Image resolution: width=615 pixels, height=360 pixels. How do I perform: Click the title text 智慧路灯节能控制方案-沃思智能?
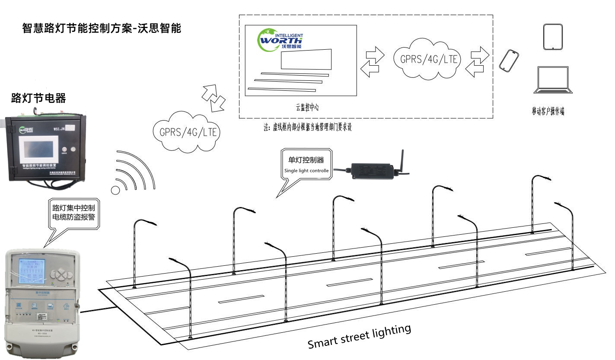101,29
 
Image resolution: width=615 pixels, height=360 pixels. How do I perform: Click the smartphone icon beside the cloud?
509,61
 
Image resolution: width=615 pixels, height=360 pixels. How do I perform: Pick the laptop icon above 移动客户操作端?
554,80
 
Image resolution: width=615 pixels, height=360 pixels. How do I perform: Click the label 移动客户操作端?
548,112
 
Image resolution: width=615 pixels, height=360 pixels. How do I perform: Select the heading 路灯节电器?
38,98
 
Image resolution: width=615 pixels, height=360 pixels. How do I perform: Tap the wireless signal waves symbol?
132,173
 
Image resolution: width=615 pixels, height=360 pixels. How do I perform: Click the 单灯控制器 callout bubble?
306,165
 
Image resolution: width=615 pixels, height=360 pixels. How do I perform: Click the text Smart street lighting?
359,336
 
